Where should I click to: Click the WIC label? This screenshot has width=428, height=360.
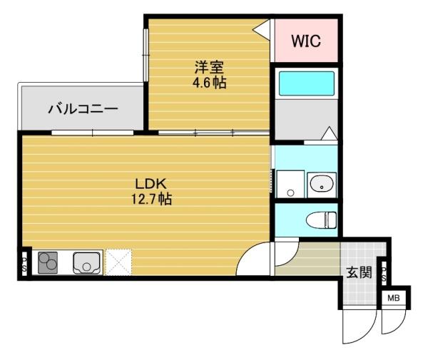[305, 41]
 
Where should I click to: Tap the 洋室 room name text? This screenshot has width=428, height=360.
[210, 68]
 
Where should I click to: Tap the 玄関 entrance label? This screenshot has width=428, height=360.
[359, 272]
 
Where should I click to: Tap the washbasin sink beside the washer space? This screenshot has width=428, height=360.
[322, 185]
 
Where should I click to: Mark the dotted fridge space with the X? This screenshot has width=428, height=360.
[118, 262]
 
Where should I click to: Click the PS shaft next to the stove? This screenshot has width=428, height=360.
[24, 263]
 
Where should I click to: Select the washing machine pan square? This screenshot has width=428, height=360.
[290, 185]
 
